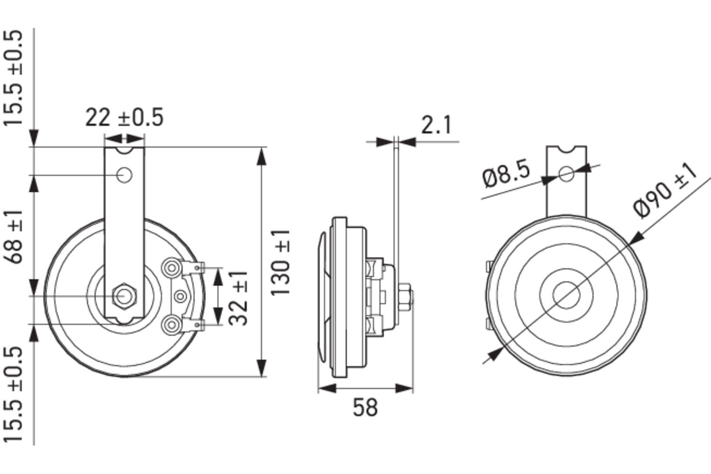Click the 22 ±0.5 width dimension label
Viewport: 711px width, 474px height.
click(124, 118)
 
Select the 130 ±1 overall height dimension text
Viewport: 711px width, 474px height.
click(281, 263)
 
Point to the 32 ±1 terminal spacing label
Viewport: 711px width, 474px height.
click(239, 298)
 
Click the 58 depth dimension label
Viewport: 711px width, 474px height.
click(365, 407)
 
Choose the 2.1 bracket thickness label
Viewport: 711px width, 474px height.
click(437, 125)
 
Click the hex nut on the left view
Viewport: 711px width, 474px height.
click(124, 296)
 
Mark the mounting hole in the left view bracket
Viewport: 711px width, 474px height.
click(125, 175)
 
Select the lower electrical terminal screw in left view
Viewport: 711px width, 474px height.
click(170, 324)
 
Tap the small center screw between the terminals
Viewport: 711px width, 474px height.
click(180, 296)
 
